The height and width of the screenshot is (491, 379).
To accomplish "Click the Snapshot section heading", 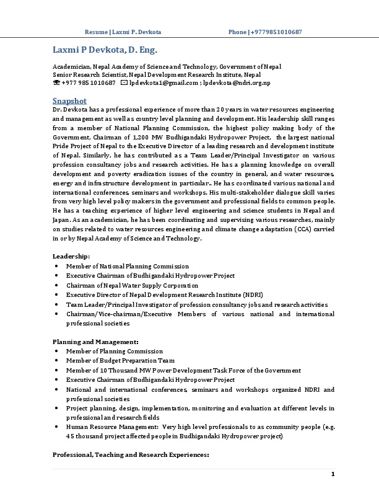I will [x=69, y=100].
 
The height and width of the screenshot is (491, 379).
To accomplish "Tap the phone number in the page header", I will [x=276, y=32].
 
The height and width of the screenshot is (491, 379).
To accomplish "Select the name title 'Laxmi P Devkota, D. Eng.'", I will [x=105, y=49].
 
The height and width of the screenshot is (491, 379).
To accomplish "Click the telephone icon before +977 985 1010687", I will [x=56, y=82].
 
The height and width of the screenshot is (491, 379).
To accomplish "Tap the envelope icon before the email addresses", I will [x=124, y=82].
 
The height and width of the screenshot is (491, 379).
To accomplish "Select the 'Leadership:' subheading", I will [x=71, y=256].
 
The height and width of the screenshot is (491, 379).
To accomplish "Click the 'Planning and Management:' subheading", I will [x=95, y=342].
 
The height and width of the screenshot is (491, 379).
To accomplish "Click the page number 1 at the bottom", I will [x=333, y=474].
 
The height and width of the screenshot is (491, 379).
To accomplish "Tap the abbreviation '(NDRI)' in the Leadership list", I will [x=251, y=295].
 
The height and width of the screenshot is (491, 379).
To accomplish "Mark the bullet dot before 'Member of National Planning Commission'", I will [x=57, y=266].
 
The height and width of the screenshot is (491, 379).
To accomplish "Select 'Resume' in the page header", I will [x=95, y=32].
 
